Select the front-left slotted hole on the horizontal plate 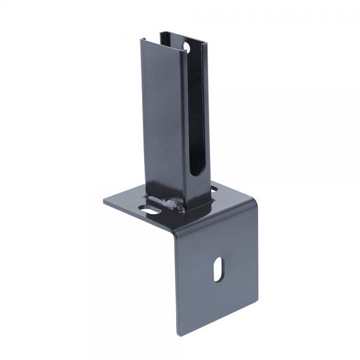coord(150,210)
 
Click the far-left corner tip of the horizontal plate coord(103,201)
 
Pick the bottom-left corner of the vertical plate coord(178,334)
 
